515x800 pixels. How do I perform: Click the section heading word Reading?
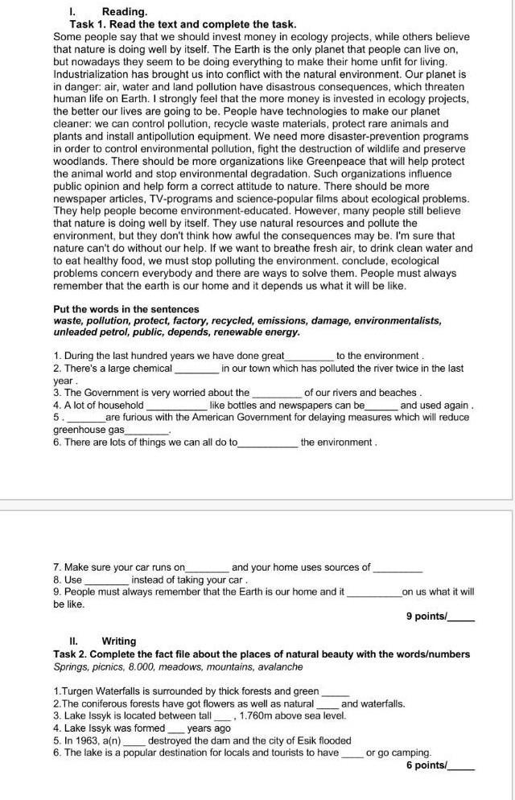[125, 12]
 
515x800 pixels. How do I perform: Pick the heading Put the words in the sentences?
[126, 309]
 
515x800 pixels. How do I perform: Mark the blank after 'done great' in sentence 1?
[310, 356]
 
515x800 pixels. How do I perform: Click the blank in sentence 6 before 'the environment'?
[268, 443]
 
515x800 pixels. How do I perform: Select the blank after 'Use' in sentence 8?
[106, 579]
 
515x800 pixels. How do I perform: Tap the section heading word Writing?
[119, 641]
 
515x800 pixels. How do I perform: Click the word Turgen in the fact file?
[76, 691]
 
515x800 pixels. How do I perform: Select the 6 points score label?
[426, 765]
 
